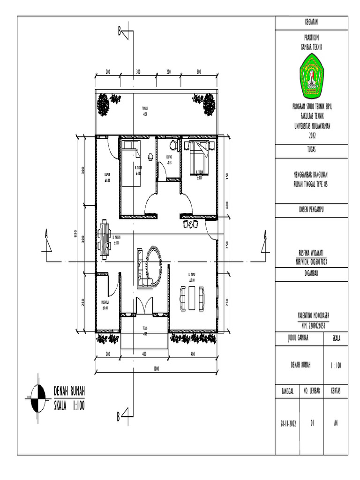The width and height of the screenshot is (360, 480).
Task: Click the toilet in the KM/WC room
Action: pyautogui.click(x=173, y=143)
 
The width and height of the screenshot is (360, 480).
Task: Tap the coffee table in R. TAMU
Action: pyautogui.click(x=191, y=299)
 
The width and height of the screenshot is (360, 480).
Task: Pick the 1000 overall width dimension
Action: pyautogui.click(x=156, y=368)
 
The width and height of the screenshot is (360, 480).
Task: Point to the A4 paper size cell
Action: pyautogui.click(x=336, y=423)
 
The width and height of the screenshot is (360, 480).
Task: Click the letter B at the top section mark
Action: pyautogui.click(x=120, y=31)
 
